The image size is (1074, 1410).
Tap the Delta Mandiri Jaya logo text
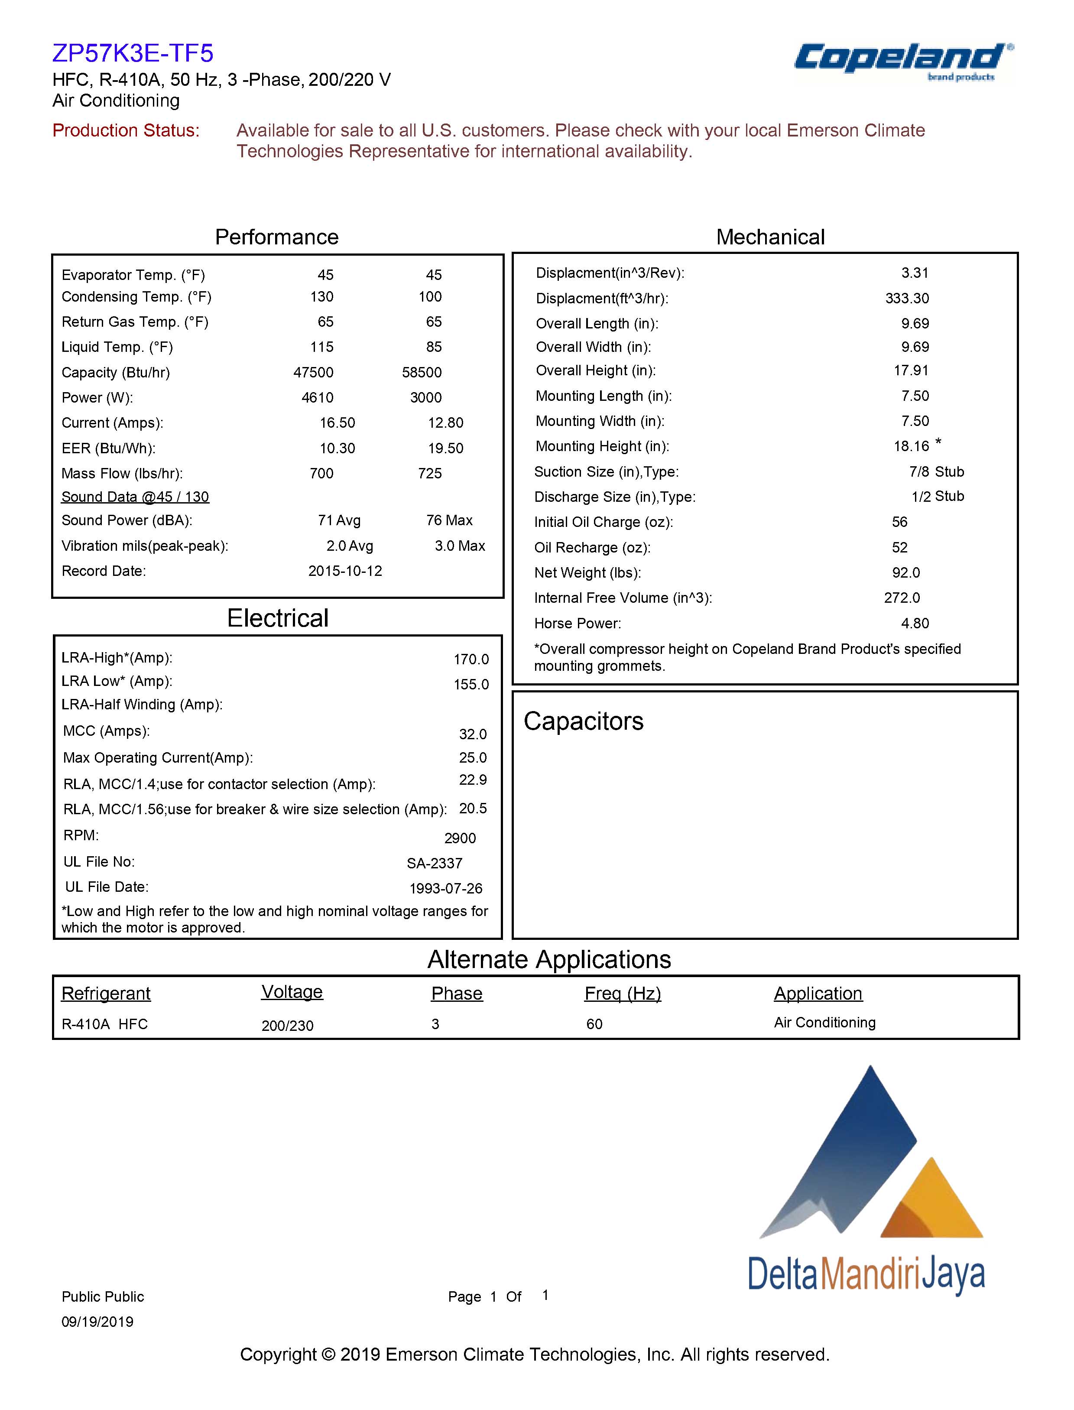pyautogui.click(x=866, y=1273)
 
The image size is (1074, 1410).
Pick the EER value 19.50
pyautogui.click(x=445, y=448)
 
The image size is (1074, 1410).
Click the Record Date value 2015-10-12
pyautogui.click(x=345, y=571)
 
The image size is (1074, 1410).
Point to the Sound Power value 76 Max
pyautogui.click(x=449, y=520)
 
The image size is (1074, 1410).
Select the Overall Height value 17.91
pyautogui.click(x=911, y=370)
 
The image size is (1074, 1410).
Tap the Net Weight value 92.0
pyautogui.click(x=906, y=572)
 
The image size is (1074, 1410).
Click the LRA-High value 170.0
pyautogui.click(x=471, y=659)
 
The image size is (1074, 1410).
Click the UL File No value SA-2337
pyautogui.click(x=435, y=863)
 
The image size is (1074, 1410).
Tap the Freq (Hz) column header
pyautogui.click(x=623, y=993)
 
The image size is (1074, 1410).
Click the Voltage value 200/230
pyautogui.click(x=288, y=1026)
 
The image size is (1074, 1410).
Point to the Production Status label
pyautogui.click(x=126, y=130)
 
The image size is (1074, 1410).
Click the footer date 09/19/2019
pyautogui.click(x=97, y=1322)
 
